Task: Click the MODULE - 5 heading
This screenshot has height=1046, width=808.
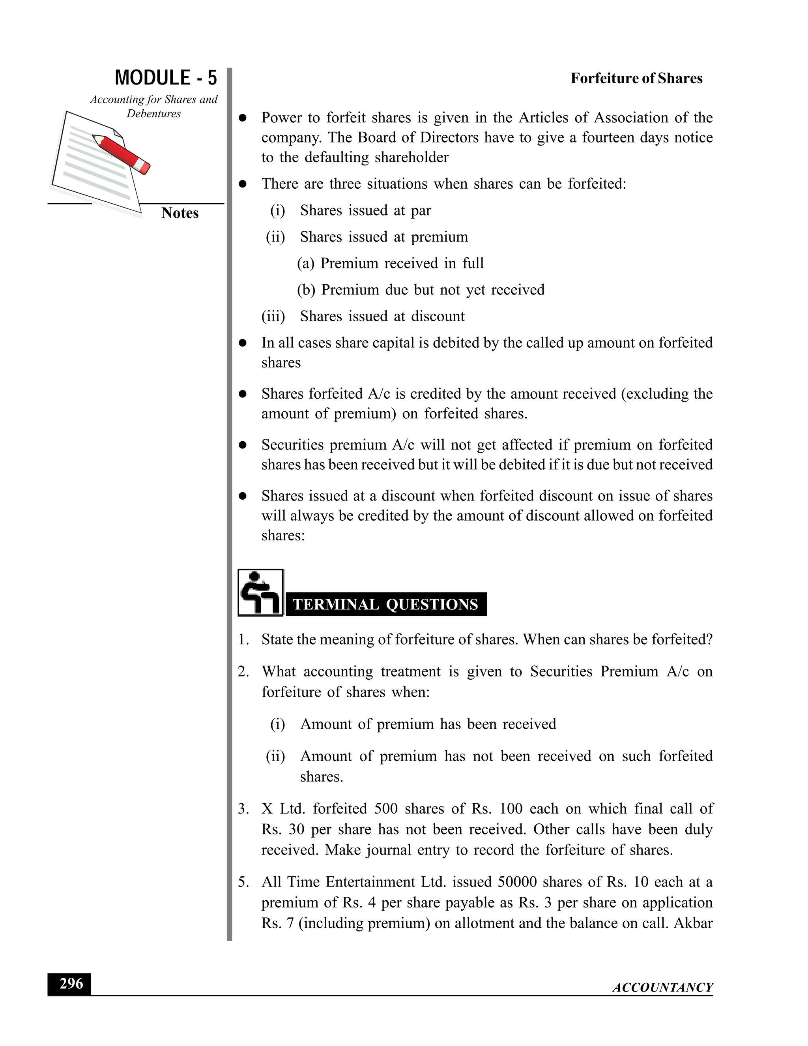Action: [x=166, y=78]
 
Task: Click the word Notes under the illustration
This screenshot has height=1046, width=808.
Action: [x=180, y=213]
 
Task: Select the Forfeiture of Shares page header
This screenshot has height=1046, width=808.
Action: [x=636, y=79]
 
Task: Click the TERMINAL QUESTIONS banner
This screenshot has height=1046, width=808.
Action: [x=385, y=604]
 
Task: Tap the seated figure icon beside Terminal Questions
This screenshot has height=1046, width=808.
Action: [x=260, y=592]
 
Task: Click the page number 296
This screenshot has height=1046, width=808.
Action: [x=71, y=984]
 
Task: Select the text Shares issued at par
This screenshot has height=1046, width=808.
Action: [x=365, y=210]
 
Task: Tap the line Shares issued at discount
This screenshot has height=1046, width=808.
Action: [x=382, y=316]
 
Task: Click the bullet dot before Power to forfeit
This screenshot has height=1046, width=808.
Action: [x=243, y=118]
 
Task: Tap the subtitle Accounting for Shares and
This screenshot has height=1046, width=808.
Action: [x=153, y=99]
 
